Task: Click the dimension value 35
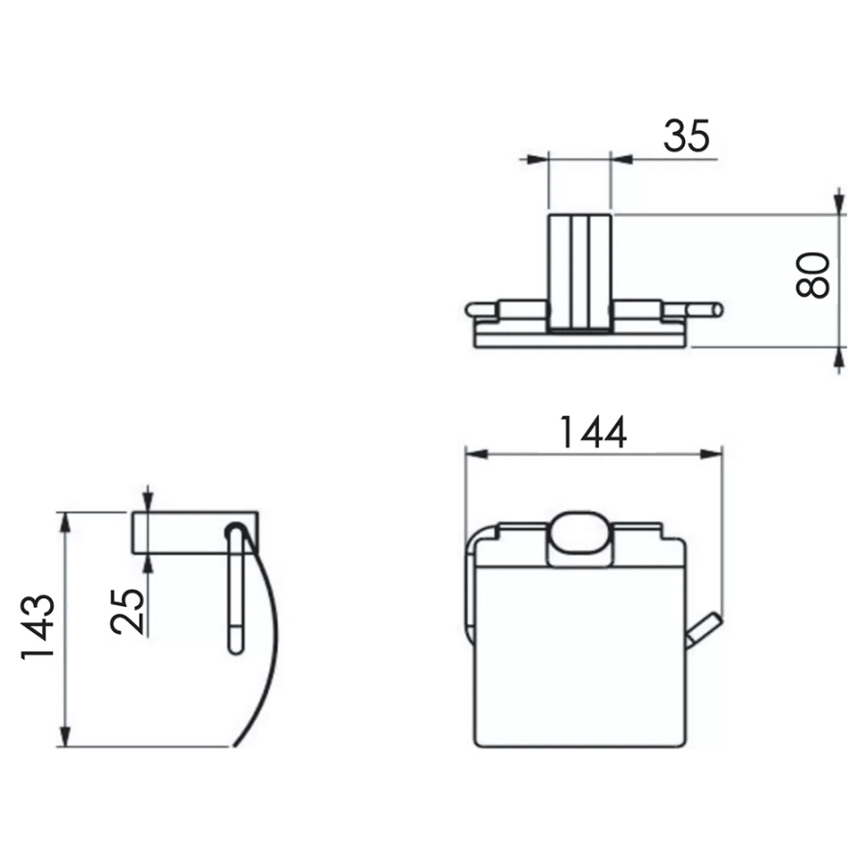(686, 136)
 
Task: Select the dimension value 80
(813, 276)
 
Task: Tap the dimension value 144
(593, 433)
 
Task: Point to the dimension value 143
(38, 627)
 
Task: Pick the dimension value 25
(127, 611)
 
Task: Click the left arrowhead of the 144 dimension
(477, 455)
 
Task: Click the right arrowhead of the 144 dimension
(711, 455)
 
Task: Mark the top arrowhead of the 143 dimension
(66, 523)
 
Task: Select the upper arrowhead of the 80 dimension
(840, 202)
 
